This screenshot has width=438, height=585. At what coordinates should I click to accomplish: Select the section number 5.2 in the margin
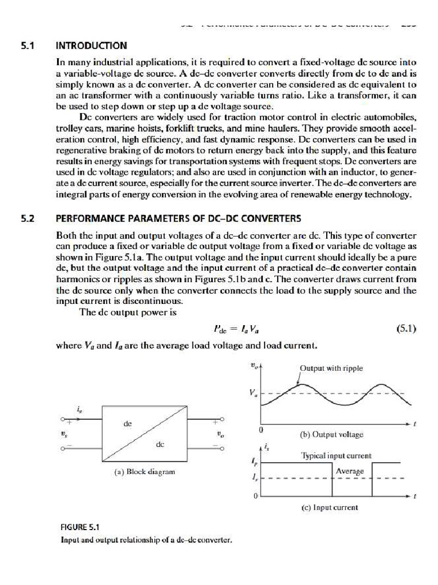pyautogui.click(x=27, y=218)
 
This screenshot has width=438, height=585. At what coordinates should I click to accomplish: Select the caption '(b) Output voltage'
pyautogui.click(x=331, y=434)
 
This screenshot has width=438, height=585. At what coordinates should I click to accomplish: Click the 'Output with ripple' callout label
pyautogui.click(x=331, y=368)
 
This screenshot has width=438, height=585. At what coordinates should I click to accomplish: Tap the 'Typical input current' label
pyautogui.click(x=336, y=456)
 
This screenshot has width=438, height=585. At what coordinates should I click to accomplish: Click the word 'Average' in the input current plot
pyautogui.click(x=350, y=471)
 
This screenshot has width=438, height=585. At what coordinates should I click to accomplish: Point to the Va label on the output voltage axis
pyautogui.click(x=253, y=393)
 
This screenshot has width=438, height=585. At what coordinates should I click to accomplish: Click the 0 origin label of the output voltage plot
pyautogui.click(x=261, y=428)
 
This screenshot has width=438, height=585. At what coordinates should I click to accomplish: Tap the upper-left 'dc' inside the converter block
pyautogui.click(x=127, y=424)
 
